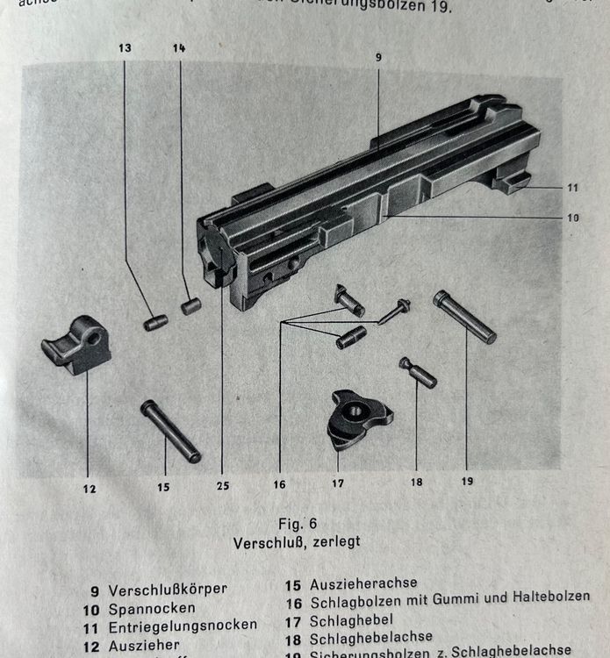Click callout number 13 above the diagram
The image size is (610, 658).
coord(126,49)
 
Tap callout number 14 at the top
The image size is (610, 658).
coord(179,49)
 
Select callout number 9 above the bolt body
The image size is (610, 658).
coord(378,57)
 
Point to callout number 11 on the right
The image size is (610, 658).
coord(572,187)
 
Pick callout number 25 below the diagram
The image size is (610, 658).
coord(221,484)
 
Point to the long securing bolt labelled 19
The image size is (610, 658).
coord(464,317)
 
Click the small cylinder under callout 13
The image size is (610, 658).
coord(155,323)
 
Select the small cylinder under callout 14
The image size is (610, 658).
coord(190,305)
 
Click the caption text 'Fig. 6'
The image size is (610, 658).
coord(297,524)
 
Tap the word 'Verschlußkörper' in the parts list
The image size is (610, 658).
coord(167,590)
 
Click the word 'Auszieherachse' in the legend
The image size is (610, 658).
coord(363,583)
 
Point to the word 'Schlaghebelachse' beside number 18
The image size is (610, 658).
coord(370,637)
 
